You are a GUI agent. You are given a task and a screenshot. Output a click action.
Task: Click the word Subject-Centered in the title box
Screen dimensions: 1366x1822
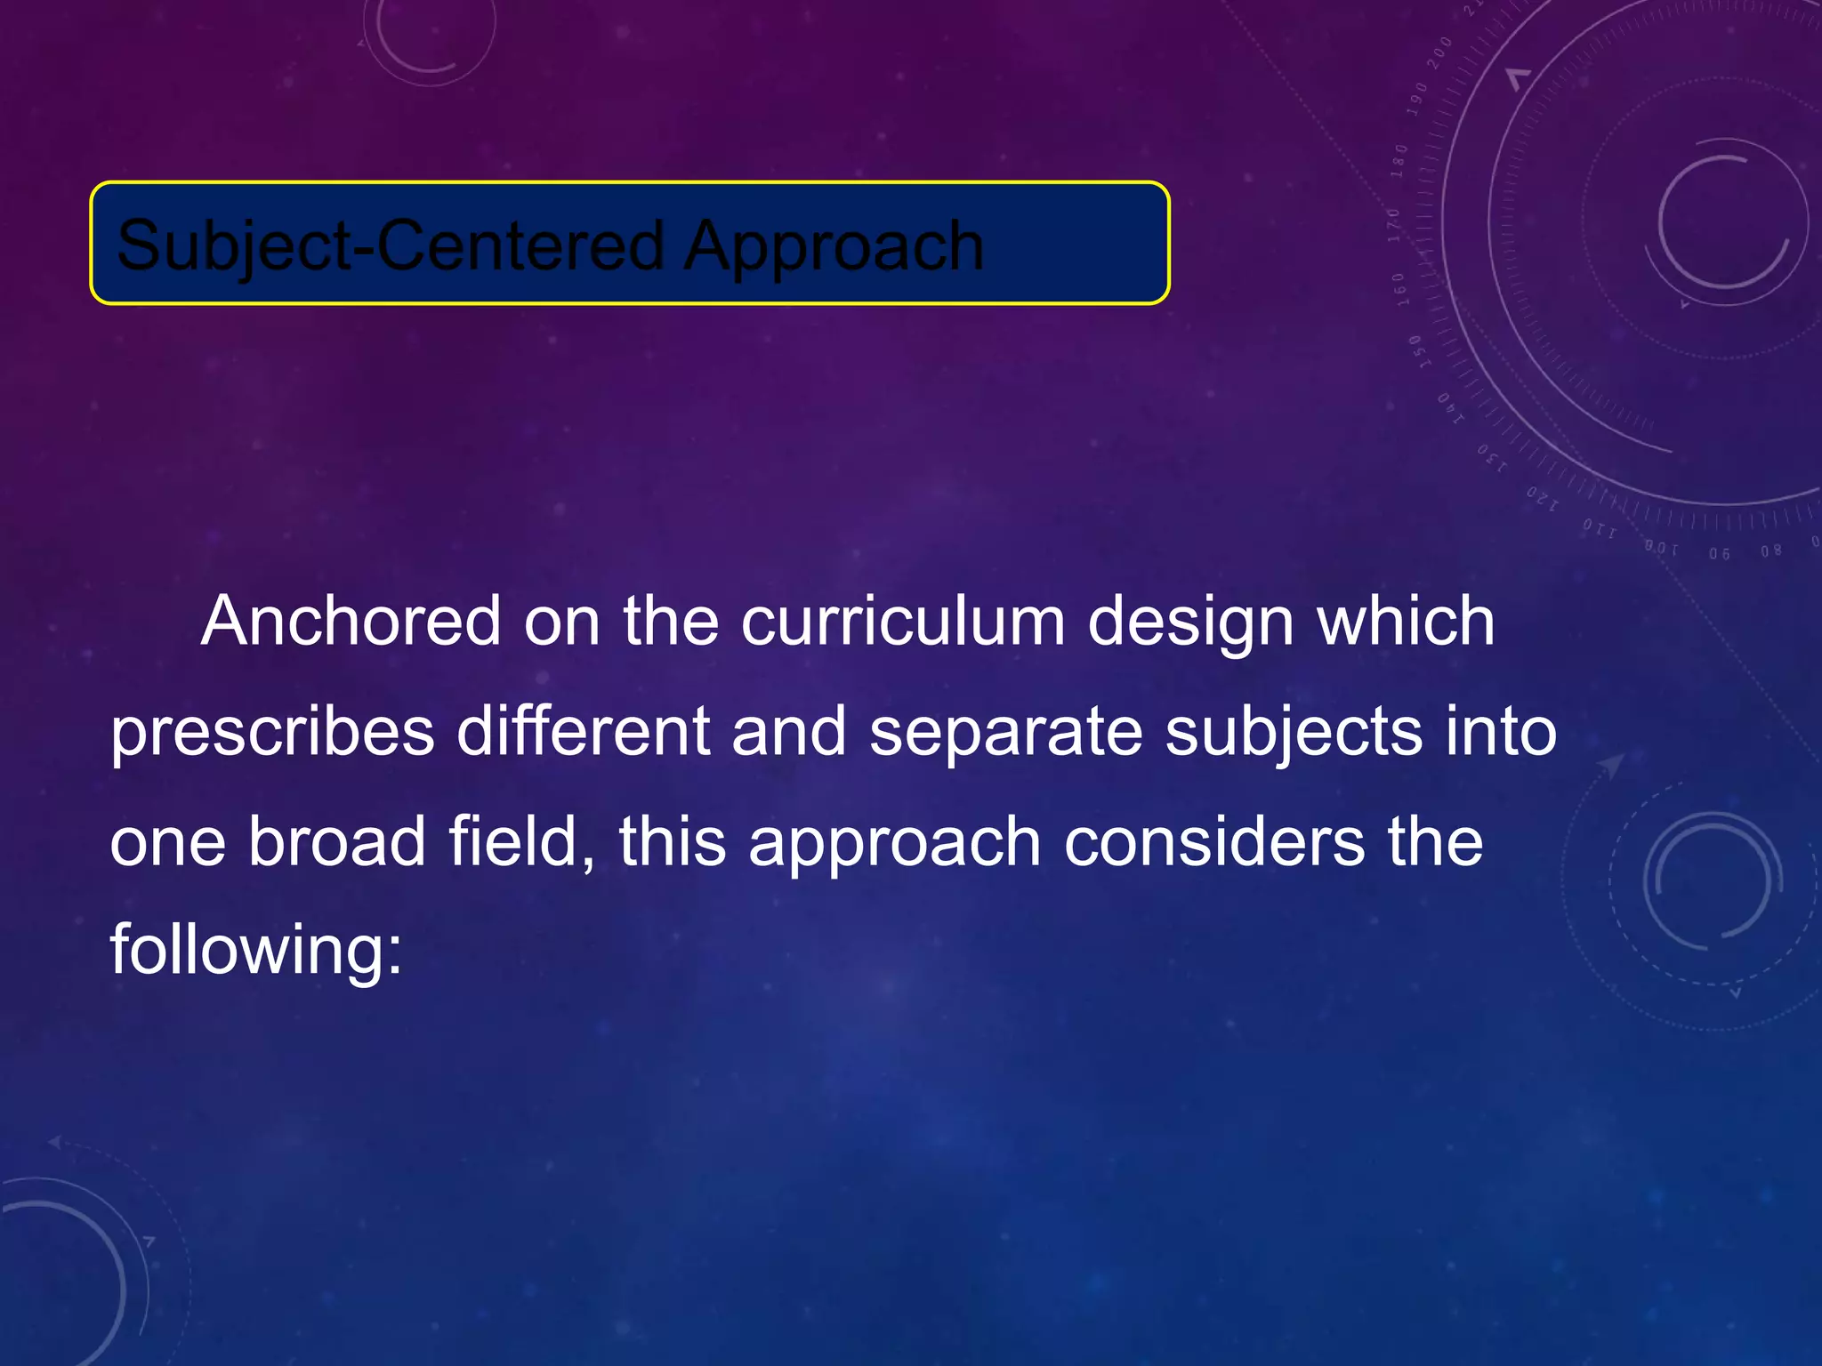pyautogui.click(x=390, y=246)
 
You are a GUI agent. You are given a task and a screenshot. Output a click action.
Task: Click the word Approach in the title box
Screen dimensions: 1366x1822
pyautogui.click(x=834, y=246)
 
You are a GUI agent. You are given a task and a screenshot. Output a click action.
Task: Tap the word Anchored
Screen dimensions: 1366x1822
pyautogui.click(x=351, y=622)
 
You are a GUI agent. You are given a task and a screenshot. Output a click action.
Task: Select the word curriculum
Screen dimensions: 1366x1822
pyautogui.click(x=902, y=622)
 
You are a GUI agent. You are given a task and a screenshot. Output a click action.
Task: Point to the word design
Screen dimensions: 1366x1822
pyautogui.click(x=1189, y=622)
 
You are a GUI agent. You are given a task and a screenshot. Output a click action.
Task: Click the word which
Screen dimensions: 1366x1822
pyautogui.click(x=1406, y=622)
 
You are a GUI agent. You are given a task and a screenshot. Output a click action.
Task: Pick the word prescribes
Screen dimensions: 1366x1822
pyautogui.click(x=272, y=732)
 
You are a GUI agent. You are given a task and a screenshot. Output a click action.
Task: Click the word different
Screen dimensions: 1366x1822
pyautogui.click(x=583, y=732)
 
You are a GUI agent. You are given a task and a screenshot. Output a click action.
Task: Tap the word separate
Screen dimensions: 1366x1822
pyautogui.click(x=1005, y=732)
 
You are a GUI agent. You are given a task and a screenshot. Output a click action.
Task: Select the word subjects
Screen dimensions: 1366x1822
pyautogui.click(x=1294, y=732)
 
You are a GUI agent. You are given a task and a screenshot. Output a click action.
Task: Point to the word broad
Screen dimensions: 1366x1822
pyautogui.click(x=336, y=841)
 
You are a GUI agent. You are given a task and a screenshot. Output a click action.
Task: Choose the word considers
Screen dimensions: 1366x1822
pyautogui.click(x=1213, y=841)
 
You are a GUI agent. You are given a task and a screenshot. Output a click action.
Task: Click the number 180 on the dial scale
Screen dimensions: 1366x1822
pyautogui.click(x=1399, y=161)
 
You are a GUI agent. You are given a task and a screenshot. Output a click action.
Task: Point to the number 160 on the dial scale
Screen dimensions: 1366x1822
pyautogui.click(x=1399, y=289)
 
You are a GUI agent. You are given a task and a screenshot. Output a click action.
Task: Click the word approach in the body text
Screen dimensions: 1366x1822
pyautogui.click(x=894, y=841)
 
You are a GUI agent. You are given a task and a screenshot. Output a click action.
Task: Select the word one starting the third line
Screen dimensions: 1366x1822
pyautogui.click(x=167, y=841)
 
